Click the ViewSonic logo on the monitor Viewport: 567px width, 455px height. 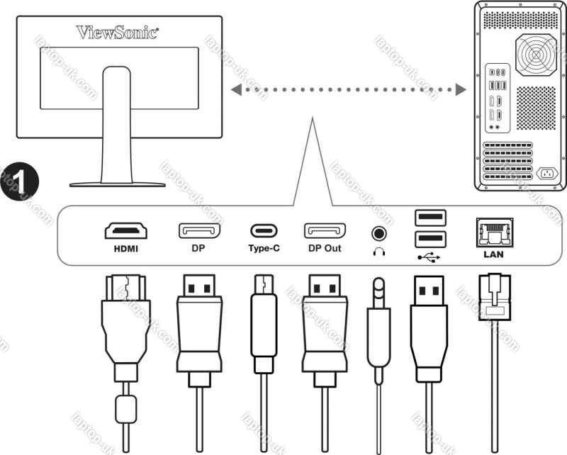[x=118, y=31]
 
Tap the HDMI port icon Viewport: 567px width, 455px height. [x=126, y=231]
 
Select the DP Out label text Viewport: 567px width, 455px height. [x=325, y=249]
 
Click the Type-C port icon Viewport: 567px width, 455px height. [x=264, y=231]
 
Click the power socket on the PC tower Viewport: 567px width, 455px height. [x=546, y=173]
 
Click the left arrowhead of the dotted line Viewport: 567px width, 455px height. [x=235, y=90]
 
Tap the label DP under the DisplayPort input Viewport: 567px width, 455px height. [x=198, y=249]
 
